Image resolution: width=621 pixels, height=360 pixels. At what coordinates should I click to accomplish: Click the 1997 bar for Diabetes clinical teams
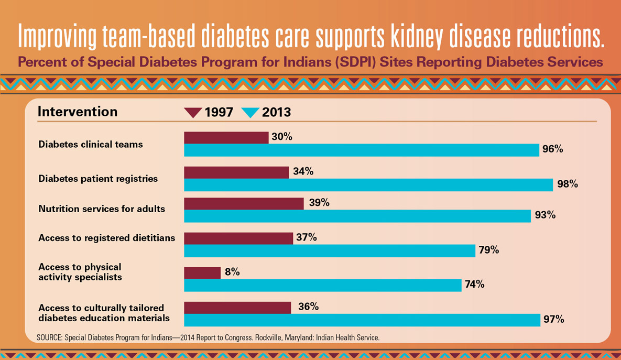pyautogui.click(x=226, y=137)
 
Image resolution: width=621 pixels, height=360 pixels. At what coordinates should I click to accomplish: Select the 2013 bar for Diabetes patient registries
pyautogui.click(x=368, y=184)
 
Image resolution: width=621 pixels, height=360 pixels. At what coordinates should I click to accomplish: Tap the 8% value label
pyautogui.click(x=232, y=272)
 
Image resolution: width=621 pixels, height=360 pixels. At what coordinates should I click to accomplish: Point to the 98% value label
pyautogui.click(x=568, y=184)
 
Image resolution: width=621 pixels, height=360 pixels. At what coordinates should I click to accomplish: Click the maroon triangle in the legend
pyautogui.click(x=193, y=113)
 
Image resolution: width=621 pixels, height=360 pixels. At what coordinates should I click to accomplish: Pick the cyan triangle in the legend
pyautogui.click(x=250, y=113)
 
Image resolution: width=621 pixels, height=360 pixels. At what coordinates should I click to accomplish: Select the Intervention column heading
pyautogui.click(x=78, y=112)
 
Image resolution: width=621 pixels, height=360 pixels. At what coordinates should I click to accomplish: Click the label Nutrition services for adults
pyautogui.click(x=102, y=209)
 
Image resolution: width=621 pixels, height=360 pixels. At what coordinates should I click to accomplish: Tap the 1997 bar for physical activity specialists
pyautogui.click(x=202, y=272)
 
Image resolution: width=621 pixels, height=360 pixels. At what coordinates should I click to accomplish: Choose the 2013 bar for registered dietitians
pyautogui.click(x=330, y=250)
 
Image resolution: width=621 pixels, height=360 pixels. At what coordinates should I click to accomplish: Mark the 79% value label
pyautogui.click(x=488, y=250)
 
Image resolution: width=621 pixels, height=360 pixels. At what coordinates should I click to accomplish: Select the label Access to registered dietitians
pyautogui.click(x=107, y=238)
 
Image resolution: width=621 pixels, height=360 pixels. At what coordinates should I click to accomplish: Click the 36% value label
pyautogui.click(x=308, y=307)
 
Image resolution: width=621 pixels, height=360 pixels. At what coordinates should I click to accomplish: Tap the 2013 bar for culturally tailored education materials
pyautogui.click(x=362, y=320)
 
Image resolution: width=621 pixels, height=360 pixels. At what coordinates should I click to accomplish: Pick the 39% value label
pyautogui.click(x=319, y=203)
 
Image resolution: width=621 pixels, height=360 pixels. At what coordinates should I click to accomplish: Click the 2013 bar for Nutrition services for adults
pyautogui.click(x=357, y=215)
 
